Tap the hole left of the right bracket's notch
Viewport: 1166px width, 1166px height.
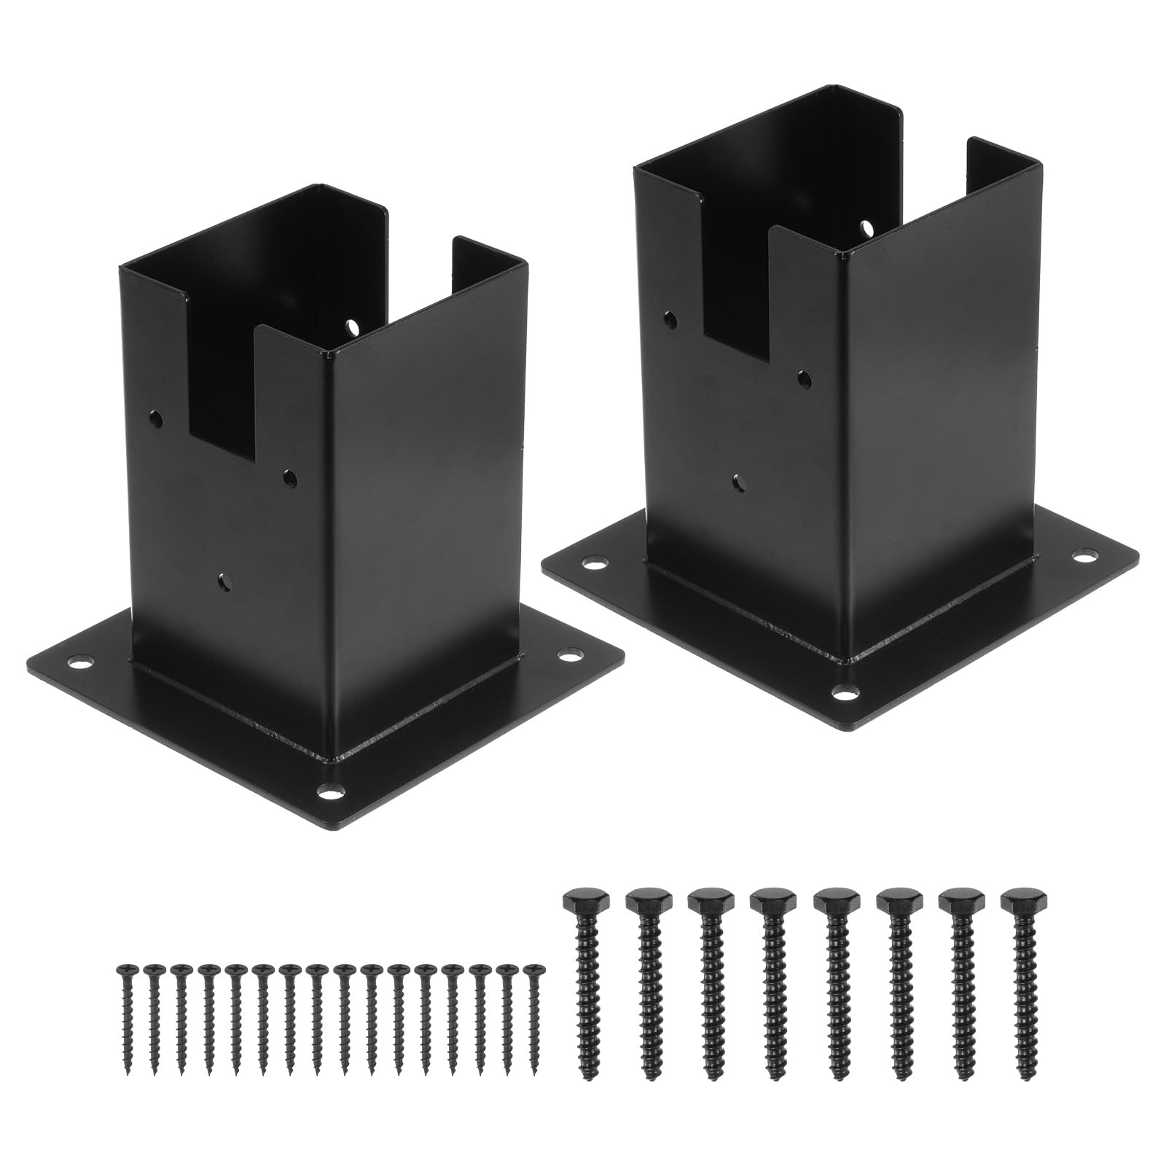click(670, 318)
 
